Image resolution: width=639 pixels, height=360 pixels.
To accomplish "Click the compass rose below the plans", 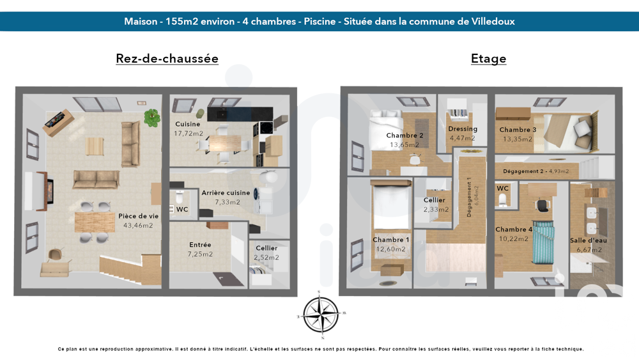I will (321, 315).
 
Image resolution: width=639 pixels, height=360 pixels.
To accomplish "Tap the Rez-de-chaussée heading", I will (167, 59).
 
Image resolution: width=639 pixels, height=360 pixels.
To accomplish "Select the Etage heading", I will (488, 59).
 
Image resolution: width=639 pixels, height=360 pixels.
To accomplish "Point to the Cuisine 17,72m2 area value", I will (189, 134).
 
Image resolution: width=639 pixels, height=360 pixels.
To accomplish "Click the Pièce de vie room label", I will (138, 216).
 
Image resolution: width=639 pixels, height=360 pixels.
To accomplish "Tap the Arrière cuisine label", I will (226, 192).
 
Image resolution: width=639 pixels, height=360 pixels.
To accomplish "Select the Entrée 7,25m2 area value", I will (200, 254).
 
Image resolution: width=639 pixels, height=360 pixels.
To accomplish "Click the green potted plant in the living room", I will (152, 117).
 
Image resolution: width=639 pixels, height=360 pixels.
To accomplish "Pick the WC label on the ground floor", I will (182, 209).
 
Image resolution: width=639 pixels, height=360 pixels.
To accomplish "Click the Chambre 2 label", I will (404, 136).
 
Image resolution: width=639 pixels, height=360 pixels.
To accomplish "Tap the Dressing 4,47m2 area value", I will (463, 138).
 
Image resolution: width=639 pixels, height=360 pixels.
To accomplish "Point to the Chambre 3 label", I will (518, 130).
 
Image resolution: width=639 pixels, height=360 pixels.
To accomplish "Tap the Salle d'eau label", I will (588, 240).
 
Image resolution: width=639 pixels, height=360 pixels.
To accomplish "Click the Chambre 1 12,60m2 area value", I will (390, 249).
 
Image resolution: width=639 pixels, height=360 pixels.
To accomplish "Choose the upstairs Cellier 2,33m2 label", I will (435, 200).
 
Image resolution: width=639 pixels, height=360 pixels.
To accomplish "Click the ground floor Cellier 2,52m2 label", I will (266, 248).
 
